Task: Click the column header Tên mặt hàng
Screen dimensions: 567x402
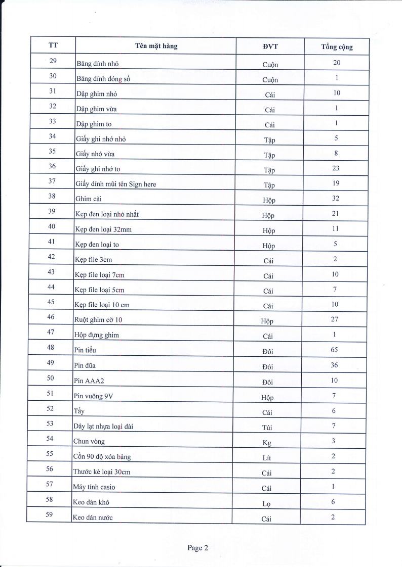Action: [x=156, y=46]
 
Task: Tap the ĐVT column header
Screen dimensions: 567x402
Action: [x=271, y=46]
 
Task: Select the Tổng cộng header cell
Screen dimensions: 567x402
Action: [x=337, y=47]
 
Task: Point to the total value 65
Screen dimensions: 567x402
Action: [x=335, y=350]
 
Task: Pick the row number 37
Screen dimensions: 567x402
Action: [x=52, y=181]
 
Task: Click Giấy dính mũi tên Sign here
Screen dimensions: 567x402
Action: [x=116, y=184]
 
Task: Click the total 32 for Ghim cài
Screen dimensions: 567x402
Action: [x=336, y=198]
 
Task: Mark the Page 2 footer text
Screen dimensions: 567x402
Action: [x=197, y=547]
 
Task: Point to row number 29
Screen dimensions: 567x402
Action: [x=53, y=61]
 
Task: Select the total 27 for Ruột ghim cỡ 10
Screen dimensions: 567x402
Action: [x=335, y=319]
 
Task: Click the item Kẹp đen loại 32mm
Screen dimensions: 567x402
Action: [x=103, y=229]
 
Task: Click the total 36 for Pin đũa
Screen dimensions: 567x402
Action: [x=335, y=365]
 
